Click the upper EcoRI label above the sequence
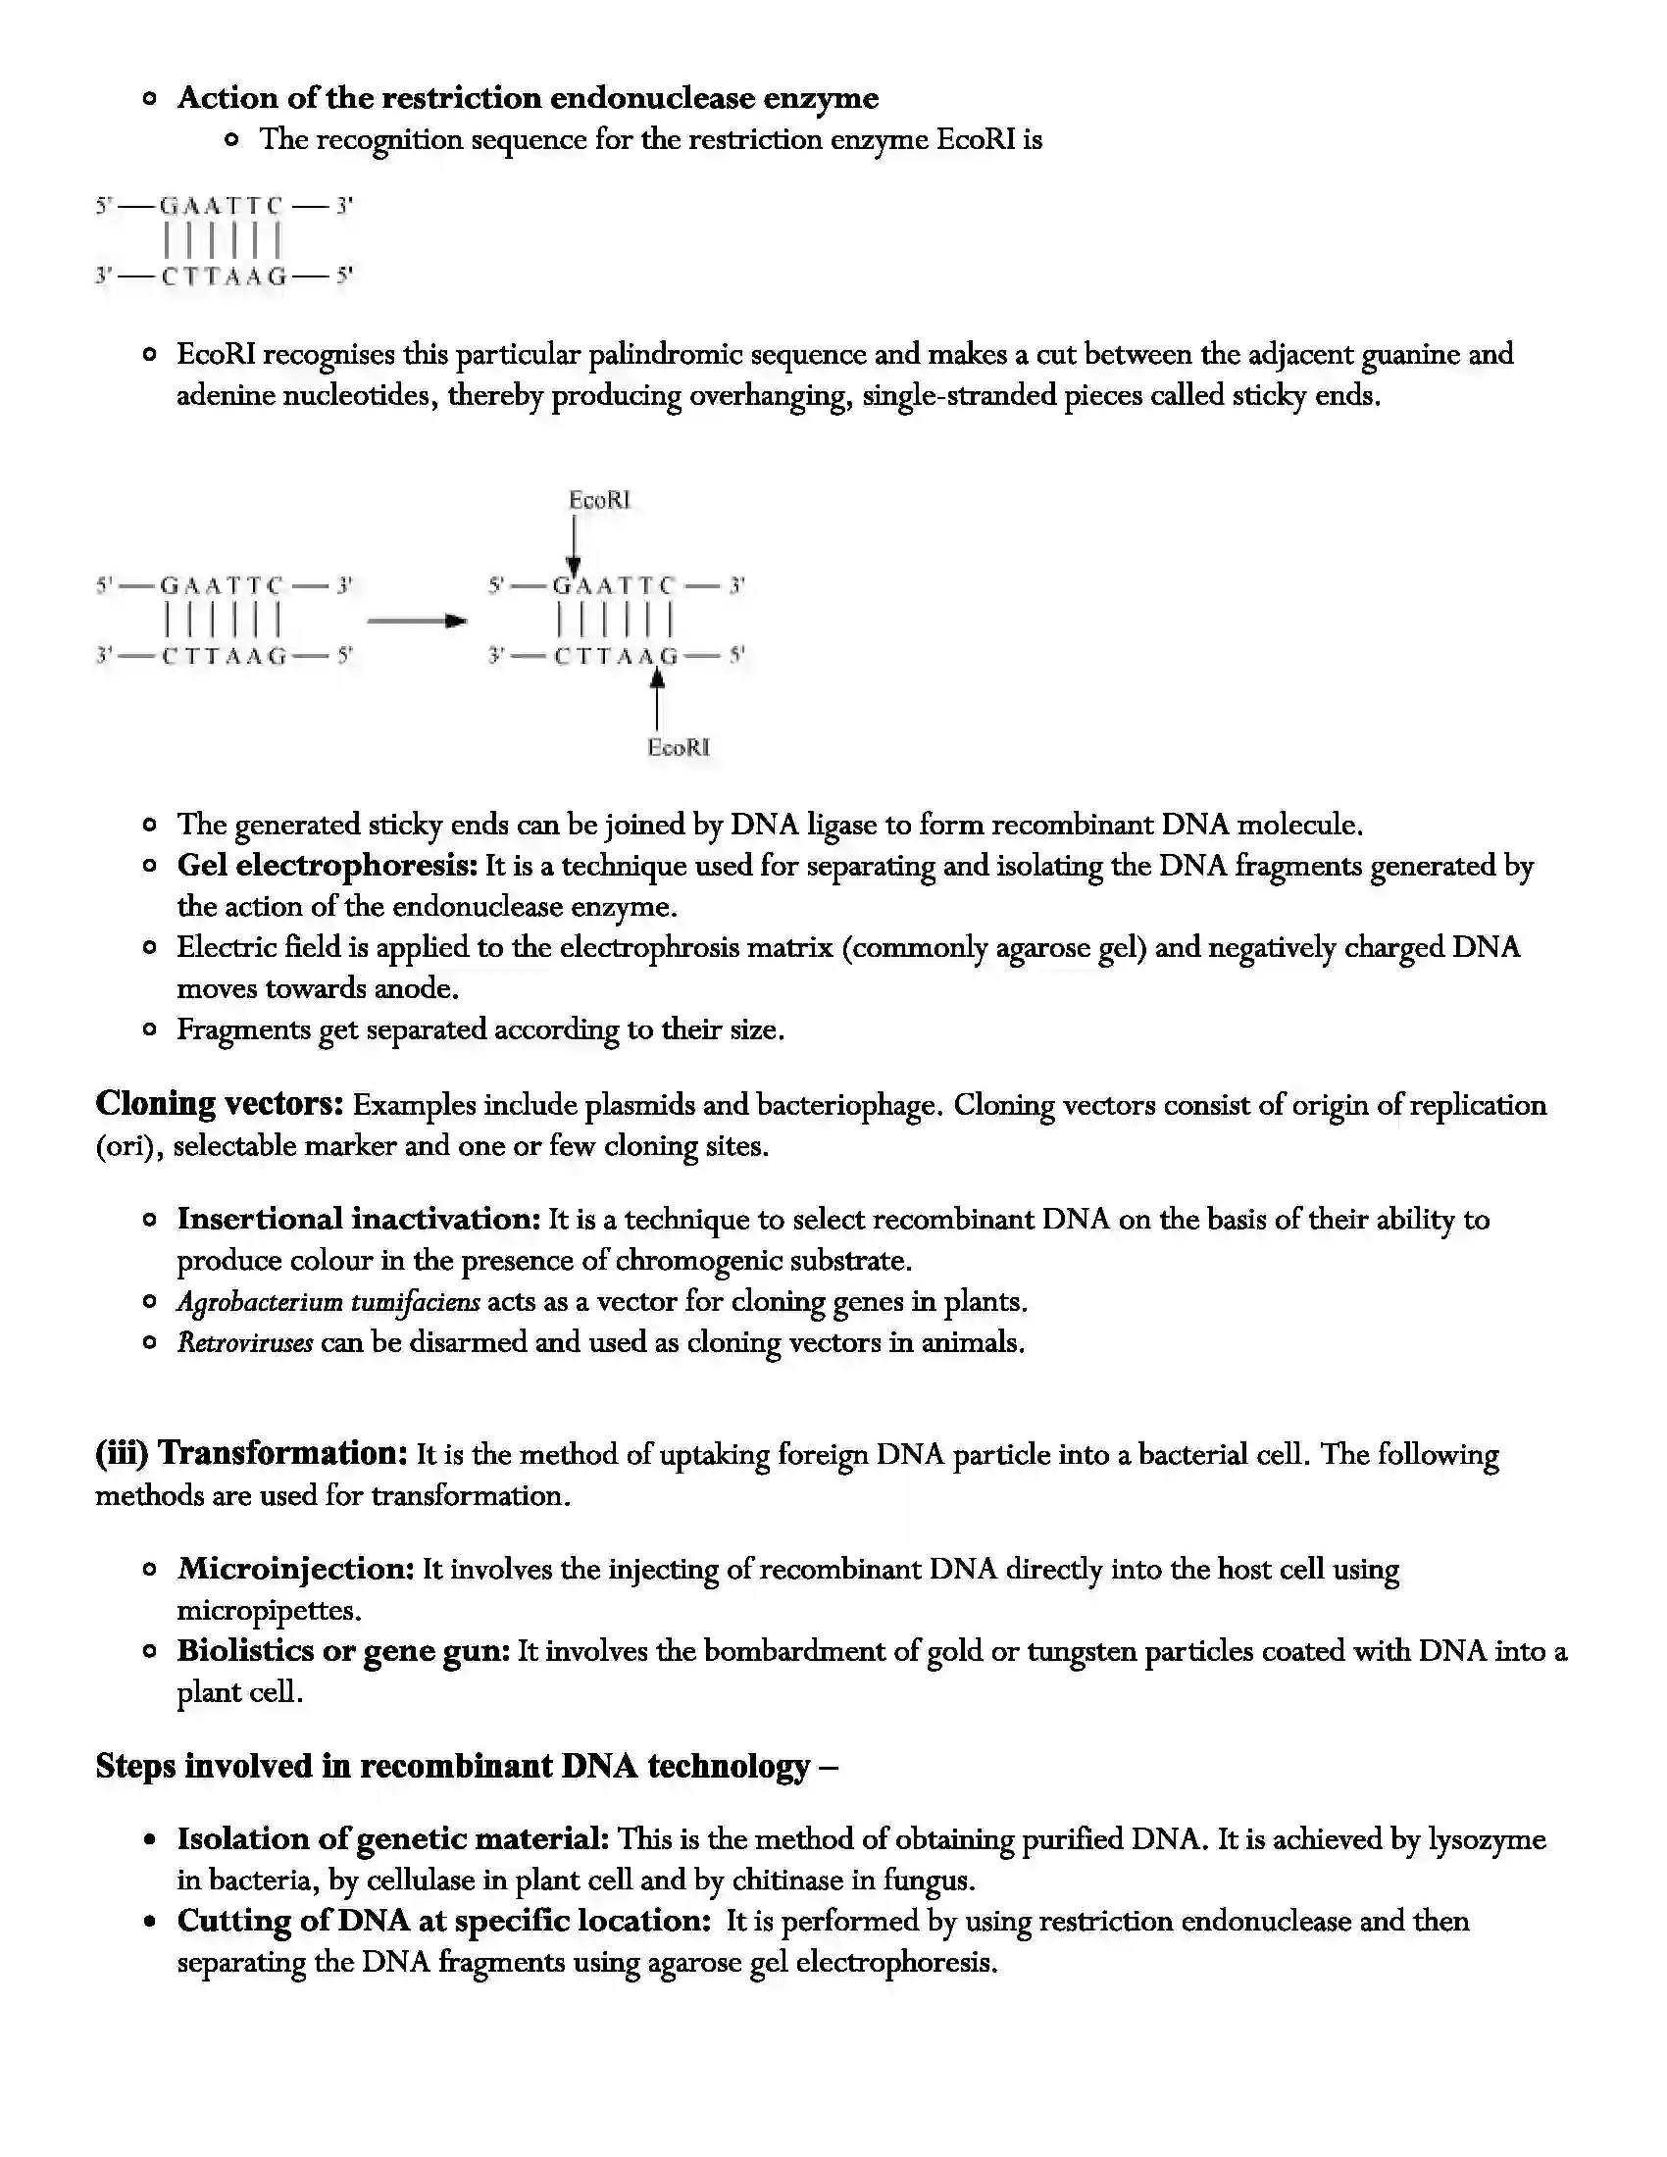pyautogui.click(x=599, y=501)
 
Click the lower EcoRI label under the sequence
pyautogui.click(x=679, y=748)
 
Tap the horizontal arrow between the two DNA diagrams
pyautogui.click(x=416, y=622)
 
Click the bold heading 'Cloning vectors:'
pyautogui.click(x=220, y=1104)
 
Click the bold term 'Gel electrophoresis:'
pyautogui.click(x=327, y=865)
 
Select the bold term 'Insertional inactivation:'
pyautogui.click(x=359, y=1219)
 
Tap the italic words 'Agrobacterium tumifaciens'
pyautogui.click(x=328, y=1302)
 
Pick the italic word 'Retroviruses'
pyautogui.click(x=245, y=1342)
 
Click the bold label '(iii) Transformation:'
pyautogui.click(x=251, y=1454)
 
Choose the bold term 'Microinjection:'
pyautogui.click(x=295, y=1569)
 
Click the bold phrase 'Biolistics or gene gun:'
pyautogui.click(x=342, y=1650)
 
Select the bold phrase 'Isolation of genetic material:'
pyautogui.click(x=393, y=1839)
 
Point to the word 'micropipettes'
pyautogui.click(x=267, y=1611)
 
